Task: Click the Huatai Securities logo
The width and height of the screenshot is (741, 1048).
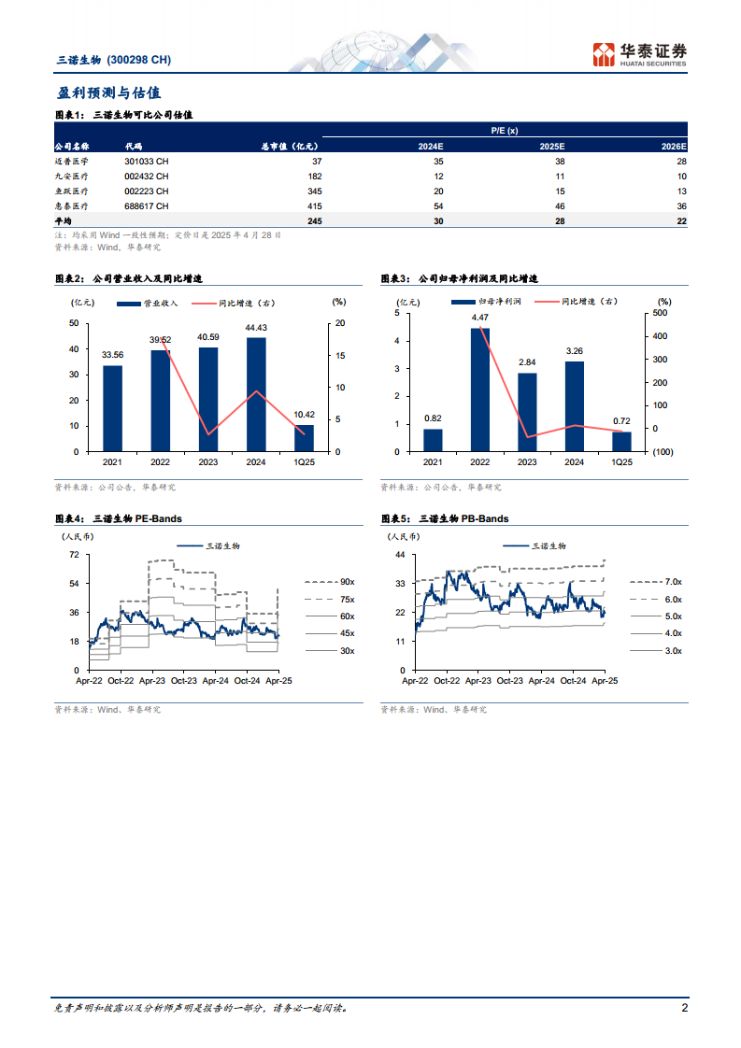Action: pyautogui.click(x=640, y=53)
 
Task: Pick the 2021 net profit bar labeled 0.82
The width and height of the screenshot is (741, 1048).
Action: pyautogui.click(x=433, y=440)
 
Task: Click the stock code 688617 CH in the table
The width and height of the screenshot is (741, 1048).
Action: pyautogui.click(x=147, y=205)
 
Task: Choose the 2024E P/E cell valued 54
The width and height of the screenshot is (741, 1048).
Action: pyautogui.click(x=437, y=205)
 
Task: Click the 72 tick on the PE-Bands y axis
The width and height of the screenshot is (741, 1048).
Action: pyautogui.click(x=74, y=555)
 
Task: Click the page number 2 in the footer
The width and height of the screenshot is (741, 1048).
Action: pyautogui.click(x=685, y=1008)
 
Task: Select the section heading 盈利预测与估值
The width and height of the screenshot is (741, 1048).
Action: pyautogui.click(x=108, y=92)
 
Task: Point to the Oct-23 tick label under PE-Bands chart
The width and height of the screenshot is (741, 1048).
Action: pyautogui.click(x=183, y=682)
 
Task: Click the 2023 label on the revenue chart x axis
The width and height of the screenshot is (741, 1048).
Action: pyautogui.click(x=207, y=462)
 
